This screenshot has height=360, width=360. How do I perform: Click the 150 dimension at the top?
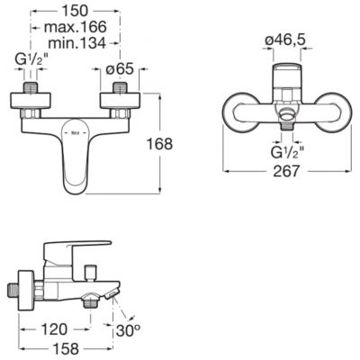click(x=75, y=11)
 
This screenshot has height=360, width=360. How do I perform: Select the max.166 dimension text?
click(x=76, y=27)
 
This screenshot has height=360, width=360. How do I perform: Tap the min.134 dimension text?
click(x=76, y=43)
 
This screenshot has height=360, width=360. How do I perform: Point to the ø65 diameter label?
click(x=120, y=69)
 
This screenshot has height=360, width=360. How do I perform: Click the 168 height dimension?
click(x=159, y=144)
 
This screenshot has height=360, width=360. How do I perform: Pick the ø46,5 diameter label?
click(x=285, y=40)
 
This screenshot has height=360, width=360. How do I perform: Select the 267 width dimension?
click(x=286, y=171)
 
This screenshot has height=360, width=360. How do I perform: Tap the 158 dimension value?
click(x=65, y=348)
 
